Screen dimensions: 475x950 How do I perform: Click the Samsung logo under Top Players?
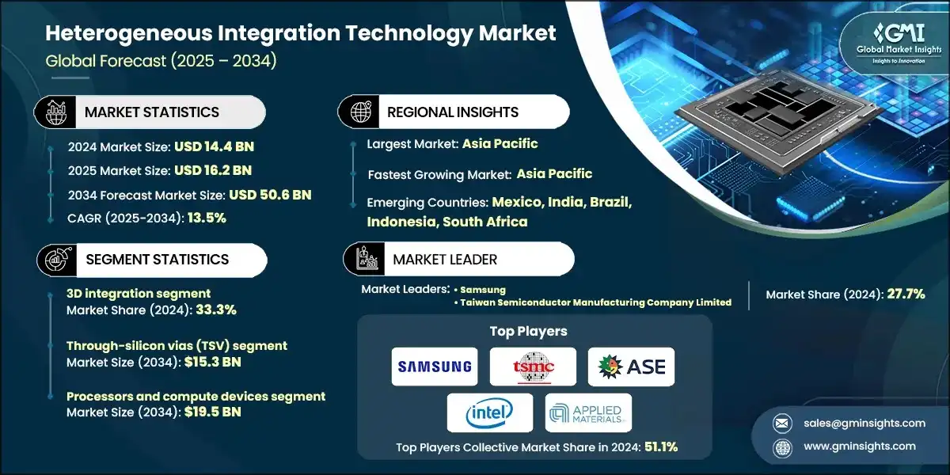click(x=435, y=367)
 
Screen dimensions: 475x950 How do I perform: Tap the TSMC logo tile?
click(x=533, y=367)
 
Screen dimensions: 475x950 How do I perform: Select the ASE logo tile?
click(x=631, y=367)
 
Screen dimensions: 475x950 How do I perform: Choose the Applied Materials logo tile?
click(x=588, y=412)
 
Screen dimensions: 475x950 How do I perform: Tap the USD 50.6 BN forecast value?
click(x=270, y=195)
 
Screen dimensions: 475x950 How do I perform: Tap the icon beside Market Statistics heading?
click(x=55, y=112)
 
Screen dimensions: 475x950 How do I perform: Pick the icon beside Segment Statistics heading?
click(x=55, y=259)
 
